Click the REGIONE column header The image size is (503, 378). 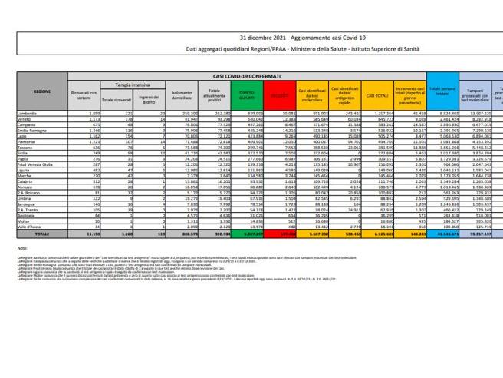pyautogui.click(x=42, y=91)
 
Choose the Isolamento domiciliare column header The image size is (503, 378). pyautogui.click(x=181, y=94)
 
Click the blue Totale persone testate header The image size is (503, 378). pyautogui.click(x=443, y=94)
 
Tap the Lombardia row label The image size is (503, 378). pyautogui.click(x=29, y=113)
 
